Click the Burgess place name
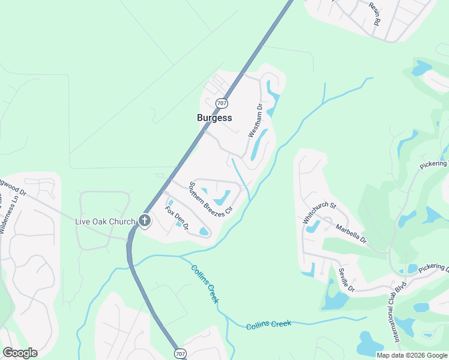coord(214,118)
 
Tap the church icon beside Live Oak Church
coord(145,221)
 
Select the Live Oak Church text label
coord(105,221)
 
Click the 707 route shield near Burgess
coord(222,103)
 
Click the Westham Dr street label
coord(256,121)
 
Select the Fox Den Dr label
coord(176,218)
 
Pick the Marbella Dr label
coord(351,234)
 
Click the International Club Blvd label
coord(397,316)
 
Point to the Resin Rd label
coord(375,13)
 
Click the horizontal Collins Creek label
coord(268,325)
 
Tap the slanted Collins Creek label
coord(205,284)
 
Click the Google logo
coord(20,353)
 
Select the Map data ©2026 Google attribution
coord(412,355)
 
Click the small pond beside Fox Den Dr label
coord(179,224)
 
